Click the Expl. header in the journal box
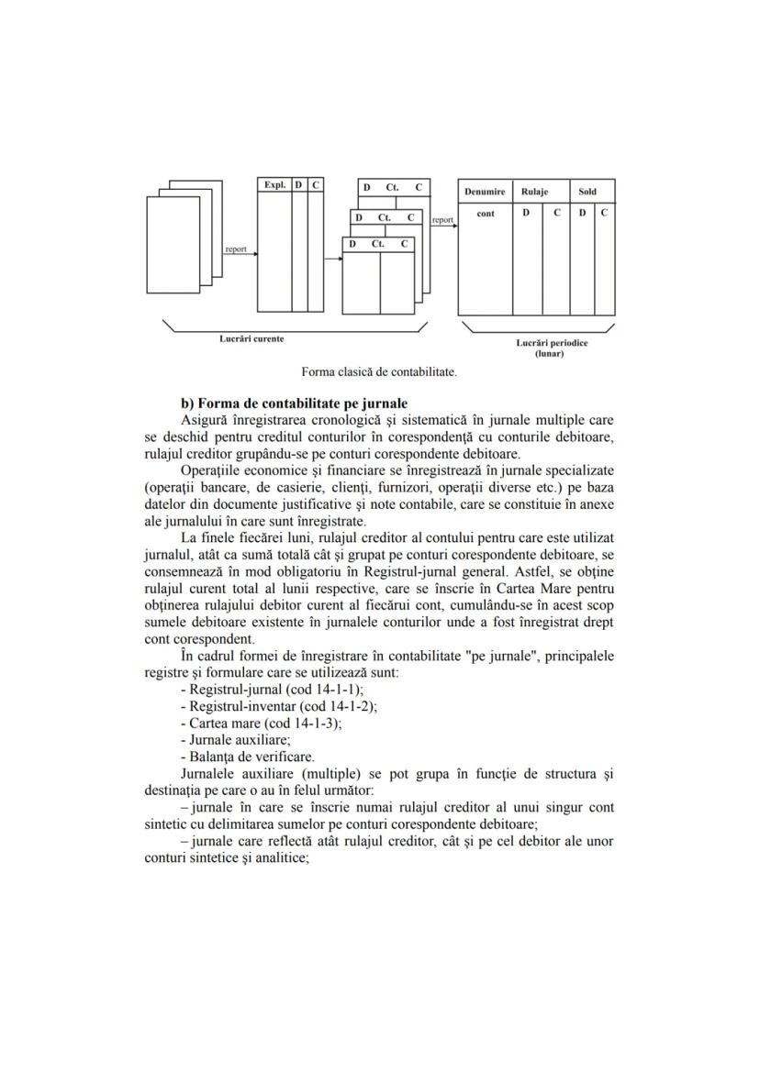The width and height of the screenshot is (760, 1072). click(x=274, y=185)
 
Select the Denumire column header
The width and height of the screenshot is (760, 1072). click(x=485, y=192)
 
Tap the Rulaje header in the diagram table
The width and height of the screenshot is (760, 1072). click(x=534, y=192)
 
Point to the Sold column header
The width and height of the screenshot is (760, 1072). click(x=587, y=192)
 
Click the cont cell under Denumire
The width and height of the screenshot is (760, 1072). click(x=486, y=214)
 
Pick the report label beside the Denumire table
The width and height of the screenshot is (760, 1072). click(x=443, y=220)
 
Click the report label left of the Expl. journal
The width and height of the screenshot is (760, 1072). click(x=236, y=249)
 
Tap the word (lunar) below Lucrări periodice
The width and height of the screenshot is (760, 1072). click(x=550, y=353)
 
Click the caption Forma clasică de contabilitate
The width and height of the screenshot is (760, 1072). click(x=379, y=372)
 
